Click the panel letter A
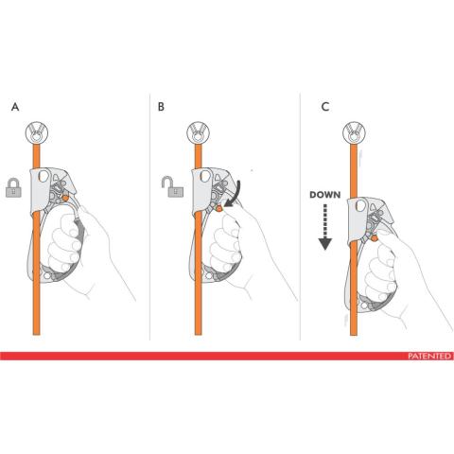(x=15, y=107)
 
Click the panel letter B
(x=161, y=107)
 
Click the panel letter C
(x=325, y=107)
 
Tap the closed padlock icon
(x=13, y=188)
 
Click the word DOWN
(x=325, y=195)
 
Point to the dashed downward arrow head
(x=325, y=244)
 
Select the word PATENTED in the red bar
(x=429, y=357)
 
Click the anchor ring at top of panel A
(x=37, y=131)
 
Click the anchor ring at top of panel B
(x=198, y=131)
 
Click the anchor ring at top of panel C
(x=354, y=131)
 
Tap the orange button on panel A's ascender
(x=65, y=199)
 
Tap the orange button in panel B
(x=219, y=208)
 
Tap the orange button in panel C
(x=375, y=238)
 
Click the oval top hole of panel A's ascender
(x=44, y=176)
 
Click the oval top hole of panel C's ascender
(x=361, y=206)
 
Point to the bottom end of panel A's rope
(x=37, y=335)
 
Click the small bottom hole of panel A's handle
(x=47, y=276)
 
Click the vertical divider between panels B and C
(x=300, y=217)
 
